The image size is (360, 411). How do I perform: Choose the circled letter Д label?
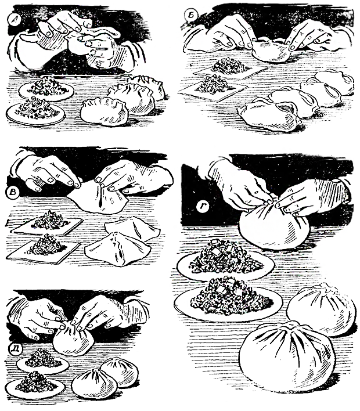tap(13, 348)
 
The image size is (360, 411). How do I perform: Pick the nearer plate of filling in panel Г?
tap(228, 301)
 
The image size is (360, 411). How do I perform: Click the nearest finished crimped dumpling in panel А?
tap(105, 112)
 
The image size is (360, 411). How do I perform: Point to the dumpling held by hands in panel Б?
tap(272, 51)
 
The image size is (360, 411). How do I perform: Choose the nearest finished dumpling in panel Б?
tap(270, 114)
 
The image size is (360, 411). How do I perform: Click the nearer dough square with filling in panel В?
tap(44, 248)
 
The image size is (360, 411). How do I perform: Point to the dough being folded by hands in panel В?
tap(98, 196)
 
